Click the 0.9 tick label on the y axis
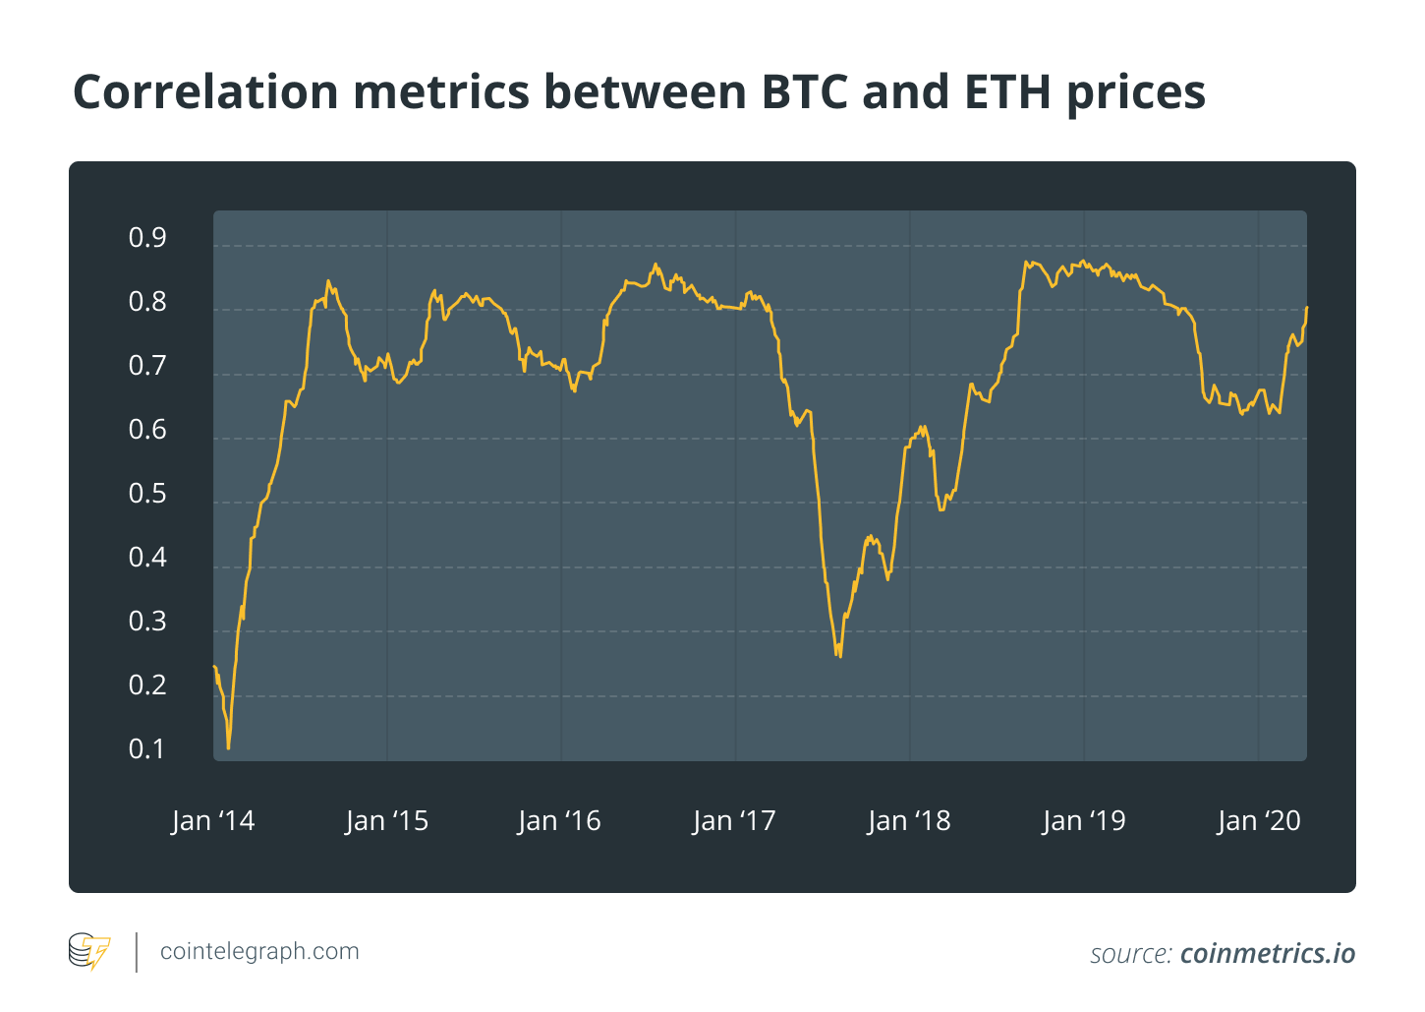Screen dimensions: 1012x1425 tap(147, 238)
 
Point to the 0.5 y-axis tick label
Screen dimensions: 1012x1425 tap(147, 494)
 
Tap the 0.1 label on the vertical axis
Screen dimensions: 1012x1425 tap(147, 749)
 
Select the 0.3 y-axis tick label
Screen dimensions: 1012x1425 tap(147, 622)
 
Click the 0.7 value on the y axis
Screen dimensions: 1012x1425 tap(147, 366)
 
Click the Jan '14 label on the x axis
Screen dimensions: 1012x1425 tap(212, 821)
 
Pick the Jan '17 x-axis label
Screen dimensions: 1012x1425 tap(734, 821)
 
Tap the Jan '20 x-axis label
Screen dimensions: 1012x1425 tap(1259, 821)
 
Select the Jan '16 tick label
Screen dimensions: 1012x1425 tap(559, 821)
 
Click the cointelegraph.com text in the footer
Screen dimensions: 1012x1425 tap(259, 952)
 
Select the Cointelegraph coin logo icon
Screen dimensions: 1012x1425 tap(89, 952)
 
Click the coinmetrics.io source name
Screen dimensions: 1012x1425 tap(1268, 954)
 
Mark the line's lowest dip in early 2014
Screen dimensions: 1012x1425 tap(229, 748)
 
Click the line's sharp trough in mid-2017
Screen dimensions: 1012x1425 tap(838, 656)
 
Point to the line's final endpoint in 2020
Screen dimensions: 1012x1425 tap(1306, 308)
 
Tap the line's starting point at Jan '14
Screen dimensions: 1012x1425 tap(214, 667)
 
